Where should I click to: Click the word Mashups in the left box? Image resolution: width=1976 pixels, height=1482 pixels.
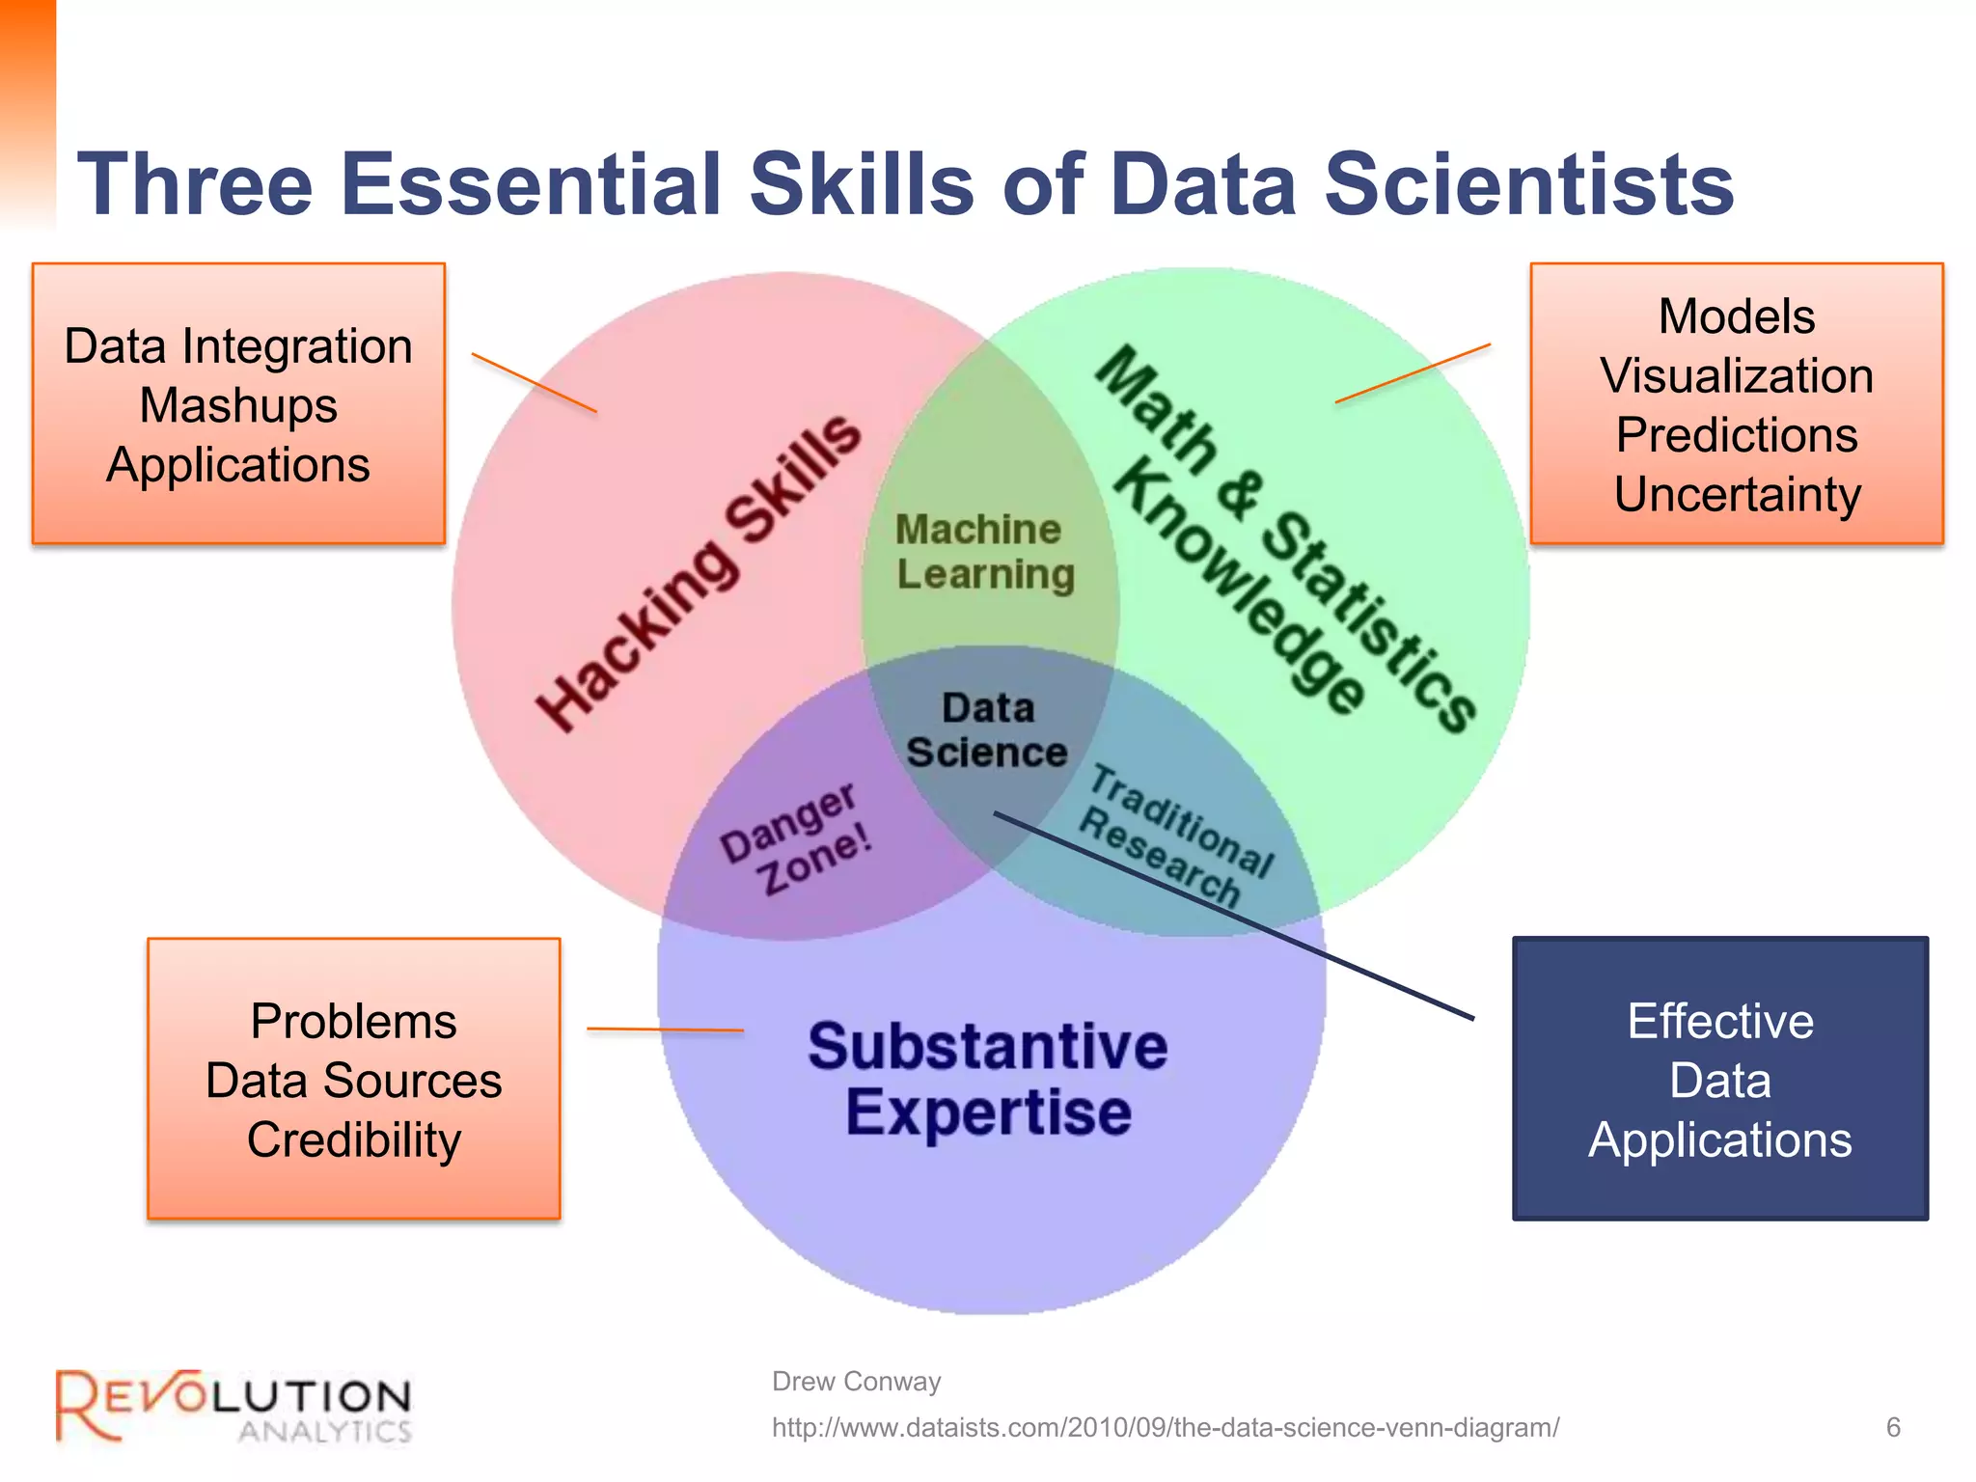[x=238, y=405]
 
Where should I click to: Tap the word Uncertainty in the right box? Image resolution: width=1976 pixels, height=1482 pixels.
[x=1737, y=494]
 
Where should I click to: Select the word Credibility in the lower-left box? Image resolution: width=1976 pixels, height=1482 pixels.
[x=353, y=1139]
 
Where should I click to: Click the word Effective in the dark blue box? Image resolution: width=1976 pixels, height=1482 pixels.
[x=1720, y=1021]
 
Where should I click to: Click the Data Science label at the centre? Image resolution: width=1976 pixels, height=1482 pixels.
[x=987, y=730]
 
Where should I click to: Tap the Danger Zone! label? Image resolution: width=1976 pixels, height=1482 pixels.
[x=796, y=838]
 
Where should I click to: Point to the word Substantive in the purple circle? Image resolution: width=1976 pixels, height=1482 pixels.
[x=987, y=1047]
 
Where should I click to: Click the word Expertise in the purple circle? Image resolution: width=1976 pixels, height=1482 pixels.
[x=988, y=1112]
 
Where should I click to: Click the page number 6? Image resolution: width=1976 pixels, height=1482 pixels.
[x=1893, y=1427]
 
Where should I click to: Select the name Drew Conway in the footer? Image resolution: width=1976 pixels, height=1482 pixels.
[x=856, y=1382]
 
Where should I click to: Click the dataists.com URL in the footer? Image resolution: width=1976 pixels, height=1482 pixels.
[x=1165, y=1428]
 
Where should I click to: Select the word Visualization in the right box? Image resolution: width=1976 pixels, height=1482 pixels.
[x=1737, y=375]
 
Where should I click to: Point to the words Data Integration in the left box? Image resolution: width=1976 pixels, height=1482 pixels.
[x=238, y=346]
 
